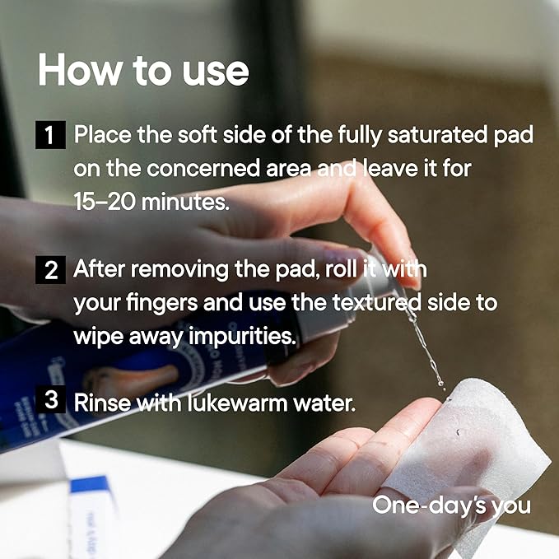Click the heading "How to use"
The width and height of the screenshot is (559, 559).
(143, 69)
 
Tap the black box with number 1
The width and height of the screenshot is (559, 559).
(50, 135)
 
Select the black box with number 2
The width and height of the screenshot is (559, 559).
(50, 270)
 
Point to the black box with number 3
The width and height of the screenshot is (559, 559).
(50, 399)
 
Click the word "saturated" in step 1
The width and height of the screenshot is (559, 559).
(437, 135)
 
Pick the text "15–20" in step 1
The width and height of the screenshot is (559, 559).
(105, 202)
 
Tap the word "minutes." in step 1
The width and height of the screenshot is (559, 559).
(185, 202)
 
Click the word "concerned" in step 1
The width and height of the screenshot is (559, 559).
(203, 169)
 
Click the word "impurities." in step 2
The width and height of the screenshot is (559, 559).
(242, 337)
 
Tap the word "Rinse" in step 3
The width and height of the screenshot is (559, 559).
(102, 403)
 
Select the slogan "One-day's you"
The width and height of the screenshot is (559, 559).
(451, 505)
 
